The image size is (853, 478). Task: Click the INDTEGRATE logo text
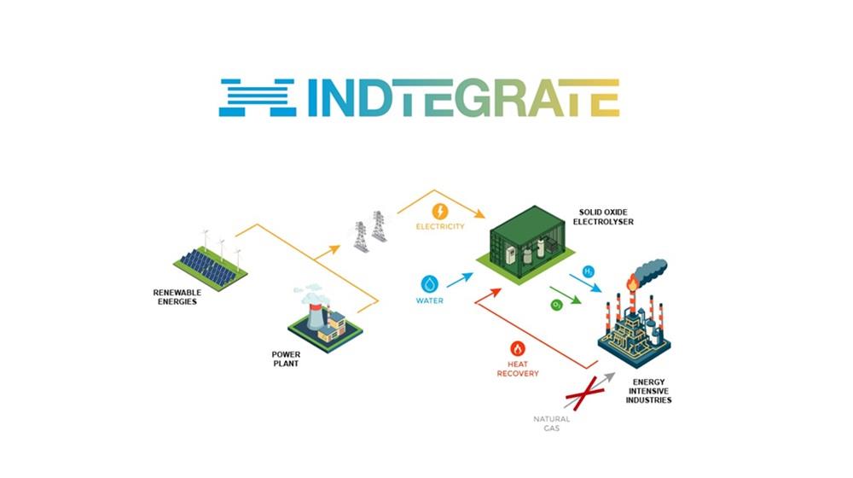point(463,98)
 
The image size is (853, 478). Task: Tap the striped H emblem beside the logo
point(258,98)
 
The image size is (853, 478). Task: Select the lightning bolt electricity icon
point(440,211)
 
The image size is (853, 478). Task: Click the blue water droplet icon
point(430,283)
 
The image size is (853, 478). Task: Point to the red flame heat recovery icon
point(518,349)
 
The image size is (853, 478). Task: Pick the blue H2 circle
point(588,271)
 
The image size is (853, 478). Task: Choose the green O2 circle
point(556,305)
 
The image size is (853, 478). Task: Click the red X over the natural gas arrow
point(582,393)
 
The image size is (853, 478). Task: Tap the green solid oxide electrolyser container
point(525,244)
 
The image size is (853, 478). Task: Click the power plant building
point(325,320)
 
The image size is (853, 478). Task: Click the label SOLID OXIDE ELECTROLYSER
point(603,217)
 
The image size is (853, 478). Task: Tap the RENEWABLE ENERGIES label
point(177,297)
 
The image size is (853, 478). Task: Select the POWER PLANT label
point(286,358)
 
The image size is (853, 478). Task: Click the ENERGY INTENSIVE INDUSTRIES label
point(648,391)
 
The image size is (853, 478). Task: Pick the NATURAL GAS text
point(552,423)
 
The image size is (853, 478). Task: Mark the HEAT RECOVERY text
point(518,369)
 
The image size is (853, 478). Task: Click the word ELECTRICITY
point(440,226)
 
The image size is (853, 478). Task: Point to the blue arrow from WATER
point(460,280)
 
